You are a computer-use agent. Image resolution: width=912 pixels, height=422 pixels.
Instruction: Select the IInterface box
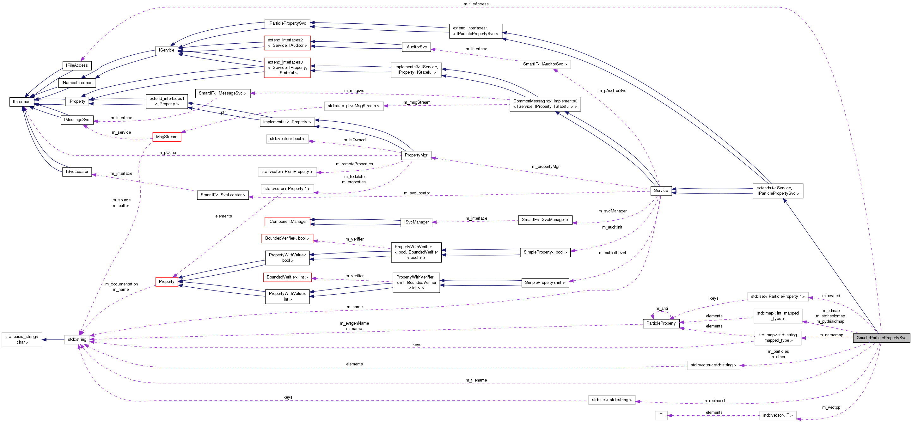pos(21,101)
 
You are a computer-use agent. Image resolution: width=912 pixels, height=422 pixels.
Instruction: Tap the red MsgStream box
pos(166,137)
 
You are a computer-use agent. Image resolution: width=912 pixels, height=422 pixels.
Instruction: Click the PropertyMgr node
pos(416,155)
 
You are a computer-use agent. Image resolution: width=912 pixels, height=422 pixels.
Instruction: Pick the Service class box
pos(661,191)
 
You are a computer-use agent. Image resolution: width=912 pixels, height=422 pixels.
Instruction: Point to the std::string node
pos(77,339)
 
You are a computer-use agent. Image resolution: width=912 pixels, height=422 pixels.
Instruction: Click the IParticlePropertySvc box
pos(287,23)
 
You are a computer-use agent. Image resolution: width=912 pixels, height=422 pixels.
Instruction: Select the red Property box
pos(166,281)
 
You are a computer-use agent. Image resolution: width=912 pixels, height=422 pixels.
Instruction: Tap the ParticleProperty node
pos(661,323)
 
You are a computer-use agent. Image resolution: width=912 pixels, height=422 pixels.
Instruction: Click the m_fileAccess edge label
pos(476,4)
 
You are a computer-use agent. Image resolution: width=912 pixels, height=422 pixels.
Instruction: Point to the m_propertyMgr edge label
pos(546,166)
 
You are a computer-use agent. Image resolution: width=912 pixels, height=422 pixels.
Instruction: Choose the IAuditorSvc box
pos(416,47)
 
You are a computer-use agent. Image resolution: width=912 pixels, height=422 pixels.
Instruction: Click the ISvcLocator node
pos(77,172)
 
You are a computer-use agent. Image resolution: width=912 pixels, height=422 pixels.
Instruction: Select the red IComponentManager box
pos(287,222)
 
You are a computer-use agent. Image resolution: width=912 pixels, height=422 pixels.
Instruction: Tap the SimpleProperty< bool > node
pos(545,252)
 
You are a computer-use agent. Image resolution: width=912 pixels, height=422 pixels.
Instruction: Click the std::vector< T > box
pos(777,415)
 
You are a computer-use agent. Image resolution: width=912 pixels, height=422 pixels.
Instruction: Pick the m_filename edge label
pos(476,380)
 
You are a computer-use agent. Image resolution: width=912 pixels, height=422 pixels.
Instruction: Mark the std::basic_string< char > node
pos(21,339)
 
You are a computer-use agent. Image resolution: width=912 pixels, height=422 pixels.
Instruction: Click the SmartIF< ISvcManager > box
pos(545,219)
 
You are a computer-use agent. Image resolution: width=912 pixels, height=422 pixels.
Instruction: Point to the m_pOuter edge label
pos(167,153)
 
